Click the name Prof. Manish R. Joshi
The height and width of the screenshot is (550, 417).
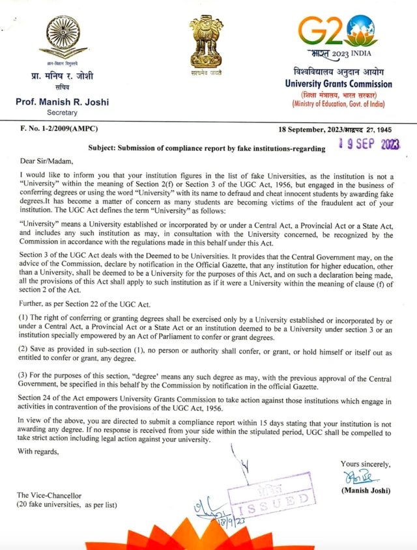[63, 102]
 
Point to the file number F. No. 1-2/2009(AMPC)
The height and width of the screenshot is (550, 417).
[58, 131]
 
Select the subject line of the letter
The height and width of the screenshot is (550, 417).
[207, 149]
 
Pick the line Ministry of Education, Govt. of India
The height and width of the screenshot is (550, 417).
[338, 104]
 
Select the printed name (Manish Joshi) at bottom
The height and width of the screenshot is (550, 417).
[365, 490]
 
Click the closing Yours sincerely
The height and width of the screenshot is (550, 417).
[366, 464]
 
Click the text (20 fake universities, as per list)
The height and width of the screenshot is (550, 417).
[67, 505]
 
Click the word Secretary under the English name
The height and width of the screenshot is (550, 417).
[62, 113]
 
